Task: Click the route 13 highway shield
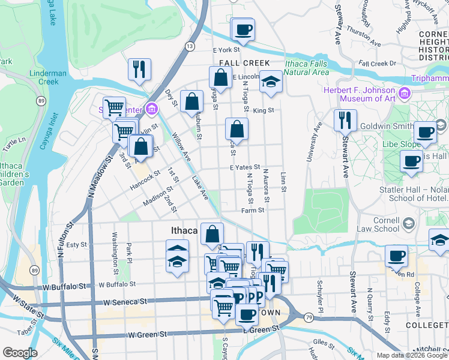[x=190, y=46]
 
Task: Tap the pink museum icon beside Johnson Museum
[x=404, y=94]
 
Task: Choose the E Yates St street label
[x=244, y=168]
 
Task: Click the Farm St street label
[x=253, y=211]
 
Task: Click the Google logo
[x=19, y=353]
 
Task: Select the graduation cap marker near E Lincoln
[x=271, y=83]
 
